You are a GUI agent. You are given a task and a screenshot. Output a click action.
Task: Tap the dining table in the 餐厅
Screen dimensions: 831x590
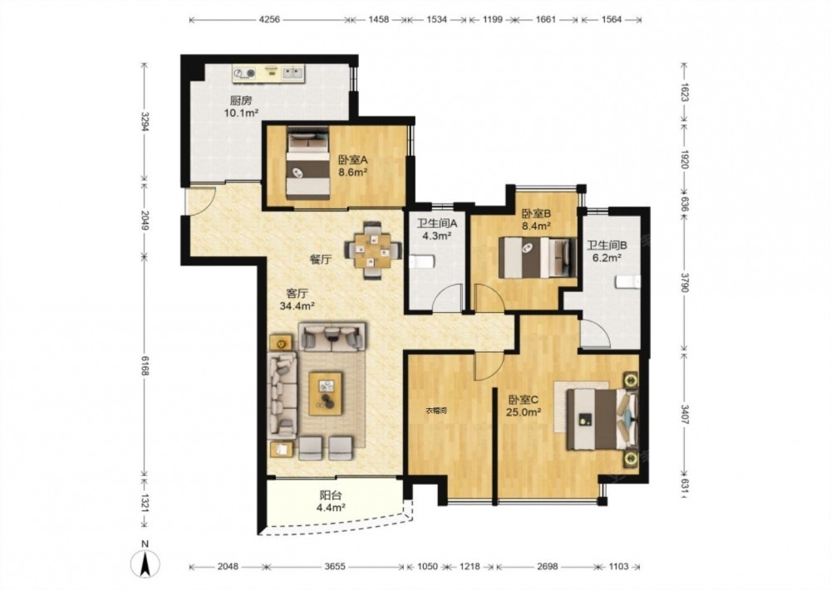point(373,249)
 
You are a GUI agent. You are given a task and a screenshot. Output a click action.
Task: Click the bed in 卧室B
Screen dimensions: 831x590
point(537,257)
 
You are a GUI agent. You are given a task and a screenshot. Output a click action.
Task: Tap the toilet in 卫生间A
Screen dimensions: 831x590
point(422,261)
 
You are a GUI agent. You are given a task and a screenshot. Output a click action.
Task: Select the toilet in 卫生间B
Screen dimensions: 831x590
point(627,281)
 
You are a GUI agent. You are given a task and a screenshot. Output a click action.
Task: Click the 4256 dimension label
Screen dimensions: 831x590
point(269,20)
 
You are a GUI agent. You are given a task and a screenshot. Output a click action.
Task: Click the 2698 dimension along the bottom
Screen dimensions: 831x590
point(547,567)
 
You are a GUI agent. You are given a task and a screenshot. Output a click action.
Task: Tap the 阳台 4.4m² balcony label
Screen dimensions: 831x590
point(332,502)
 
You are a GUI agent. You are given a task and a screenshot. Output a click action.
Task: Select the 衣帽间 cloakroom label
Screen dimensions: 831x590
point(436,410)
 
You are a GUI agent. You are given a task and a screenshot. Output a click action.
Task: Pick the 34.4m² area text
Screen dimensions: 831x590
point(297,305)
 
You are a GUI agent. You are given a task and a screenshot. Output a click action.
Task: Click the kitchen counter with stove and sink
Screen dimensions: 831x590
point(268,73)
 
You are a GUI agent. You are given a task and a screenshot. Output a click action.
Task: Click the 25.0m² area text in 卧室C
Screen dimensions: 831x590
point(523,412)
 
